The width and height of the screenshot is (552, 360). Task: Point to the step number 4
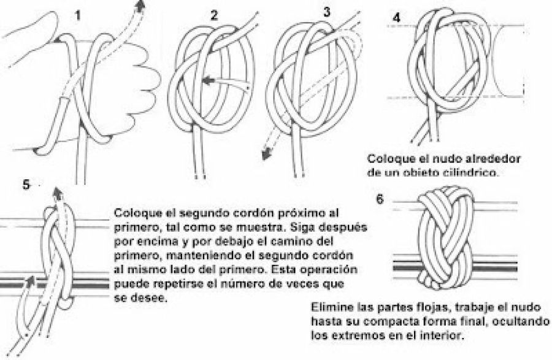[397, 18]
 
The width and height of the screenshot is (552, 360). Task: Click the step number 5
[25, 184]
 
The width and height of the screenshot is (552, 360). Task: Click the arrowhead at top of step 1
[142, 6]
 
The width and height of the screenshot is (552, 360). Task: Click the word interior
[444, 336]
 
